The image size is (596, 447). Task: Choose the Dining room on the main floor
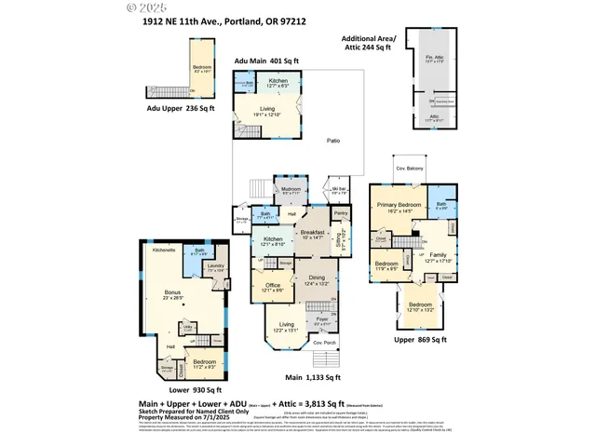[317, 279]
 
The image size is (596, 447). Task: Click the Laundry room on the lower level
[215, 268]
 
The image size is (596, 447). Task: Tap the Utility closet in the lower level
[188, 328]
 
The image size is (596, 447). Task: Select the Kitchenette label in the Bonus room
[165, 251]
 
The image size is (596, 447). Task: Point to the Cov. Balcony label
[409, 168]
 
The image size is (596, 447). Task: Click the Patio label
[332, 141]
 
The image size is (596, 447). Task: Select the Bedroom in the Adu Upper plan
[202, 69]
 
